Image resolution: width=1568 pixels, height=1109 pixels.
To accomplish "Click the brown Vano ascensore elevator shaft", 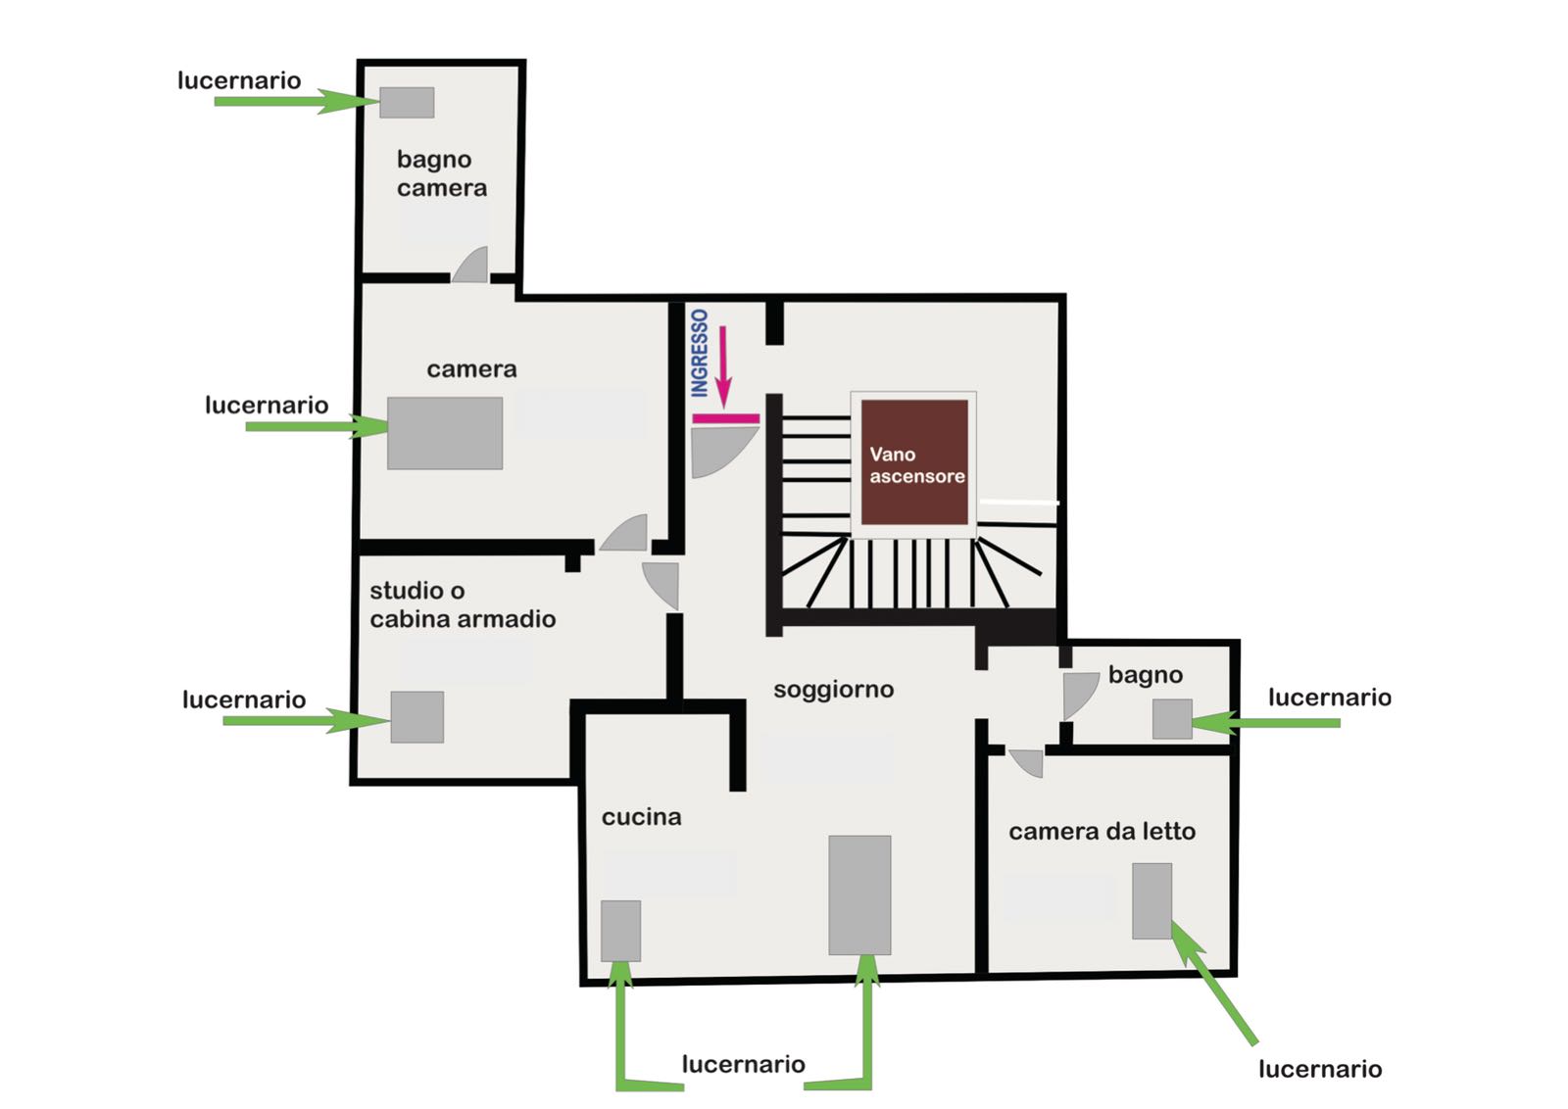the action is pyautogui.click(x=914, y=461).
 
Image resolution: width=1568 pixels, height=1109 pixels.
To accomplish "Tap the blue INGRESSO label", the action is pyautogui.click(x=700, y=353).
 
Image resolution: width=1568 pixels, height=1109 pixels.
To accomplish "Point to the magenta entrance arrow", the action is pyautogui.click(x=724, y=366).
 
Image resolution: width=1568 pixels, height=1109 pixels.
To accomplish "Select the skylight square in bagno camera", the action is pyautogui.click(x=407, y=102).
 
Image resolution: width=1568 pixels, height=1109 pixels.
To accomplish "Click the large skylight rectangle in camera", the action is pyautogui.click(x=445, y=433).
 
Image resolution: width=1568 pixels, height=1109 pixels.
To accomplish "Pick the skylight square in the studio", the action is pyautogui.click(x=417, y=716).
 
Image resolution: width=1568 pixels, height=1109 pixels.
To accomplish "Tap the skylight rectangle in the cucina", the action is pyautogui.click(x=621, y=931).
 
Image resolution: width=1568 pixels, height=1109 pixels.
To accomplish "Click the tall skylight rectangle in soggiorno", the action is pyautogui.click(x=859, y=894).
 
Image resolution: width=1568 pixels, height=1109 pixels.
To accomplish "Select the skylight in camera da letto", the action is pyautogui.click(x=1152, y=900).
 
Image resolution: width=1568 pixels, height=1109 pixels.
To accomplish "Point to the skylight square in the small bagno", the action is pyautogui.click(x=1172, y=718).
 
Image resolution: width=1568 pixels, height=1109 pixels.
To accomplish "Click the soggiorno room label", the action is pyautogui.click(x=834, y=690).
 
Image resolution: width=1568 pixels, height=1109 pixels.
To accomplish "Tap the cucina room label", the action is pyautogui.click(x=642, y=816).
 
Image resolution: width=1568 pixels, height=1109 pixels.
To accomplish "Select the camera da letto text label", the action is pyautogui.click(x=1102, y=831).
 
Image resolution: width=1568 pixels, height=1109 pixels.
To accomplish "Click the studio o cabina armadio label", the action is pyautogui.click(x=463, y=604).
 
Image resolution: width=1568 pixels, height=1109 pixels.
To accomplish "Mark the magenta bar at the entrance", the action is pyautogui.click(x=726, y=418).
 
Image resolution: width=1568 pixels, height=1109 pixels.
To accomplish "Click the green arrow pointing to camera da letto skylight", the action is pyautogui.click(x=1214, y=983).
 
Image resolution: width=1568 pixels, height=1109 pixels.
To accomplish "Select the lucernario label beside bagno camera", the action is pyautogui.click(x=239, y=80).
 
